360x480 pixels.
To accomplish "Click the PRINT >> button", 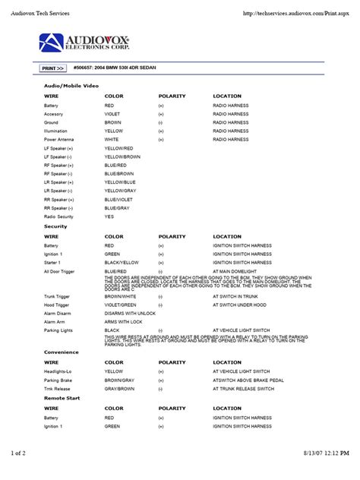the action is [52, 68].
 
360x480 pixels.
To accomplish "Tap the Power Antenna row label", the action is [59, 140].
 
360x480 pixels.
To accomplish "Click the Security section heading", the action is [55, 226].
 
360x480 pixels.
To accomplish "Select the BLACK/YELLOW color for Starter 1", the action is [122, 263].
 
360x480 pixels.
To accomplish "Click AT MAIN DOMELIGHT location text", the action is [238, 271].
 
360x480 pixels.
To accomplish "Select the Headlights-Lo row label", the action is [60, 371].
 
